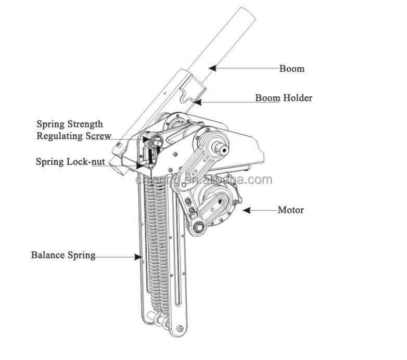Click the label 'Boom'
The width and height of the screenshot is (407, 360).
point(291,69)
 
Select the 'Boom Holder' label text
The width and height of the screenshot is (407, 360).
point(284,98)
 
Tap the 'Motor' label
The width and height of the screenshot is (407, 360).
point(290,210)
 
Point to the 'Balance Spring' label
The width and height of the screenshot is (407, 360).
point(63,255)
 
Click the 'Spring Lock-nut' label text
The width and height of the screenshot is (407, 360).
point(70,161)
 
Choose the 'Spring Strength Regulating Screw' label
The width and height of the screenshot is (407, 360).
point(73,130)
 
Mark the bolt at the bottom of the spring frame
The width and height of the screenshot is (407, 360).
point(180,328)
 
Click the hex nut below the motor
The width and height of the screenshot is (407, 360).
point(198,227)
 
